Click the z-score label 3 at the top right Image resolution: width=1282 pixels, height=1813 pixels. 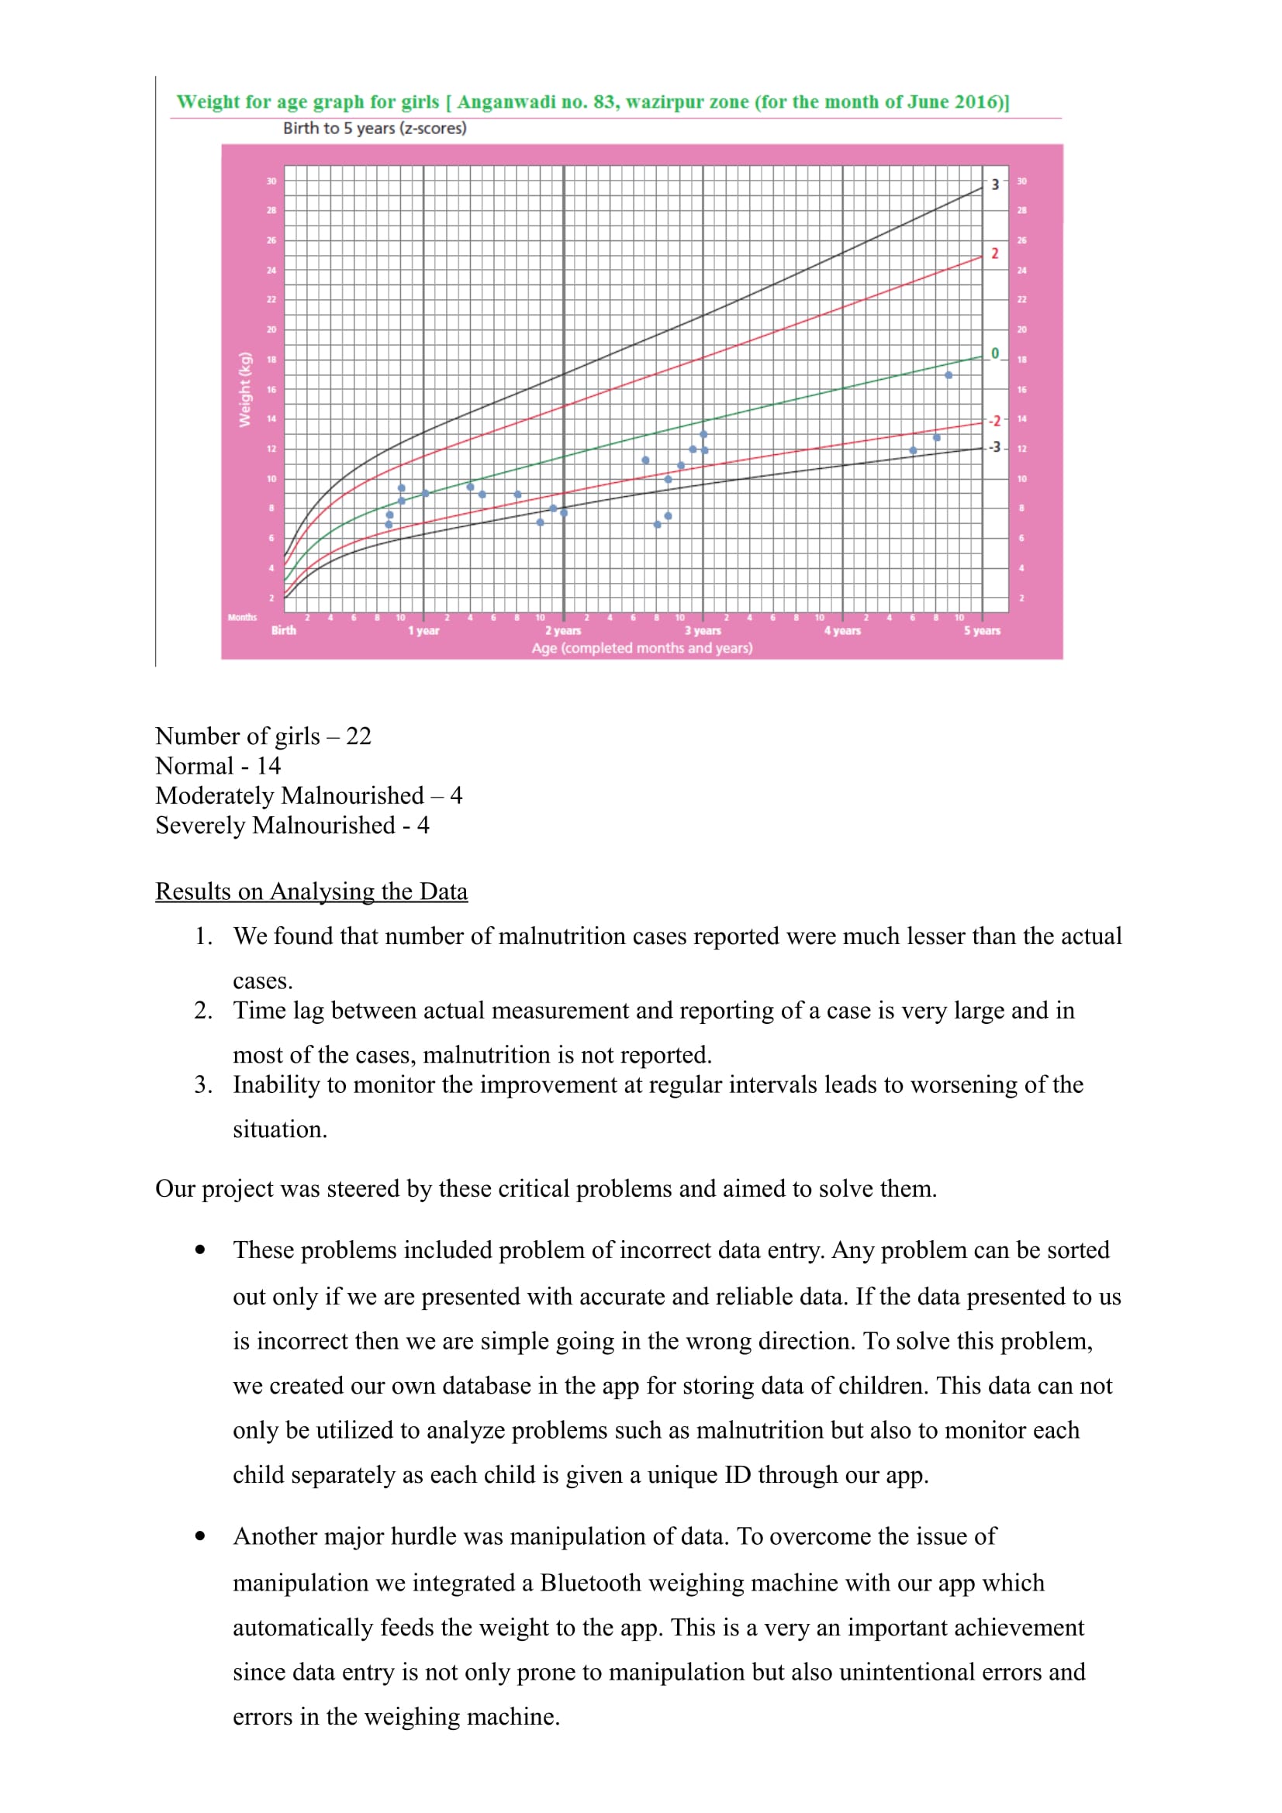click(994, 184)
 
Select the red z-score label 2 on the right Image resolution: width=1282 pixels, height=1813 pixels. click(994, 253)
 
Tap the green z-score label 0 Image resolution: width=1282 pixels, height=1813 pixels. click(994, 353)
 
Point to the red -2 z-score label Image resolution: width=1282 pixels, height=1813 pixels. click(993, 421)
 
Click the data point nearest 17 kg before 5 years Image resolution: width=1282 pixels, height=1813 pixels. click(948, 375)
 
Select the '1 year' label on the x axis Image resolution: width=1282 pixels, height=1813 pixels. click(423, 630)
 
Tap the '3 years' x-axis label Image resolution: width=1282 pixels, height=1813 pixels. click(702, 630)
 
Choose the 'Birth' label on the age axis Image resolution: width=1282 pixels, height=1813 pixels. click(284, 630)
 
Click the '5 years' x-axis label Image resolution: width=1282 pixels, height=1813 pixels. click(981, 630)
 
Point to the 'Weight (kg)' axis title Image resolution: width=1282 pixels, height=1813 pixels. click(245, 389)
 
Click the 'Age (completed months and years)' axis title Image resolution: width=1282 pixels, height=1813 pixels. click(641, 648)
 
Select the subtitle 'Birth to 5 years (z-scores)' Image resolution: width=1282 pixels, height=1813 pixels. click(375, 128)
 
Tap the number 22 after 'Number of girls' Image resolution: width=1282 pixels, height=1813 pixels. click(358, 736)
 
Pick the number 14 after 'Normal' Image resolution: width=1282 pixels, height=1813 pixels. click(268, 766)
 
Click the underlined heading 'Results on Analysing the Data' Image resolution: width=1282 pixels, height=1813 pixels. click(311, 891)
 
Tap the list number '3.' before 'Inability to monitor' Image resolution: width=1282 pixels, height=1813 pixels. click(203, 1084)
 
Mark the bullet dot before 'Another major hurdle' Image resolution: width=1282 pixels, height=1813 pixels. click(200, 1536)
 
